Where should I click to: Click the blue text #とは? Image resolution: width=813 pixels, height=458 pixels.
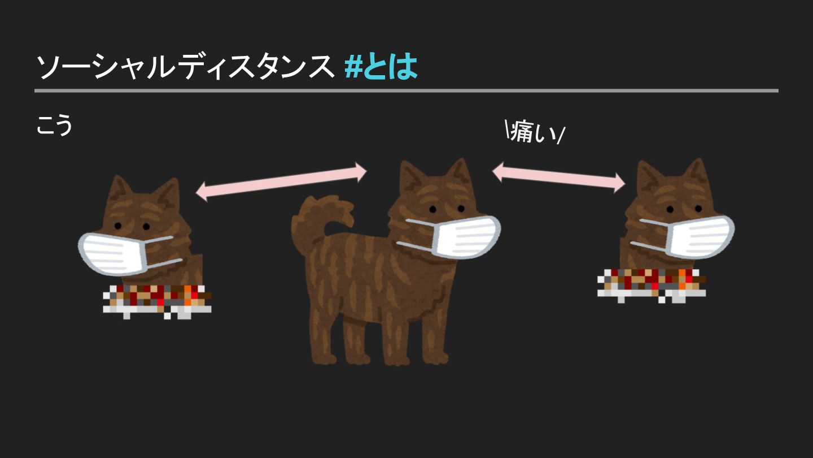(381, 67)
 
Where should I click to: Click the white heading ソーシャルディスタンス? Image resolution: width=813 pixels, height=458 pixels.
(185, 67)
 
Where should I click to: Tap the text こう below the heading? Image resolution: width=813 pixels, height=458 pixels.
(54, 126)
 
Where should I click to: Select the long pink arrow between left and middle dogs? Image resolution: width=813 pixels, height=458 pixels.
(281, 182)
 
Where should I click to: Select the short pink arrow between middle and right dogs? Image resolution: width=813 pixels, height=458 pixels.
(558, 178)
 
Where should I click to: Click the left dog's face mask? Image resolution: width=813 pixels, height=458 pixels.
(124, 254)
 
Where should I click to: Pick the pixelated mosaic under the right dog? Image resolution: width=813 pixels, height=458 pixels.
(652, 286)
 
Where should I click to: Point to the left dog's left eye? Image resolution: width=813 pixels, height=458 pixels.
(117, 226)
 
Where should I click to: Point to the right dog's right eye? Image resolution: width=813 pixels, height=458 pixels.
(698, 209)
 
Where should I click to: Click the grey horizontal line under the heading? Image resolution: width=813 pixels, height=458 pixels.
(406, 90)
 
